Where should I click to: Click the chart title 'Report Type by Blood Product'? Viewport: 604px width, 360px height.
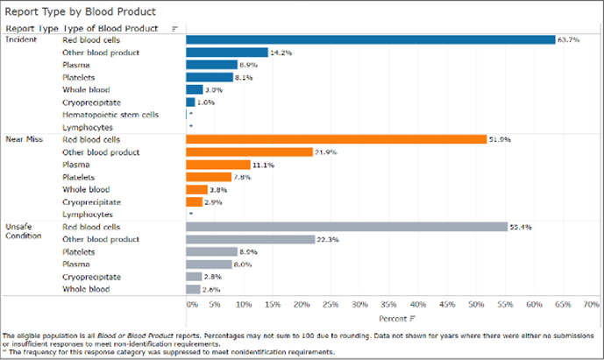[x=81, y=12]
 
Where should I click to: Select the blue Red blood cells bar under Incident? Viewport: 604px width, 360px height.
[x=370, y=39]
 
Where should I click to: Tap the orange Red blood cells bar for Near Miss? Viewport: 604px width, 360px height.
[x=336, y=139]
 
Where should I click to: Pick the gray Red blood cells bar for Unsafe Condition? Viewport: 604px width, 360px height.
[x=346, y=227]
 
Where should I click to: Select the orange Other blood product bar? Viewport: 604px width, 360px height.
[x=249, y=152]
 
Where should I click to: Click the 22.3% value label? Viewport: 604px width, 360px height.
[x=328, y=239]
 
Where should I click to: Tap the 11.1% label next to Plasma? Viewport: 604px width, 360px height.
[x=263, y=165]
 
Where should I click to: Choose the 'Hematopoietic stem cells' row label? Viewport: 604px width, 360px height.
[x=110, y=115]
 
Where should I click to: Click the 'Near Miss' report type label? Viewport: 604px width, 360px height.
[x=23, y=139]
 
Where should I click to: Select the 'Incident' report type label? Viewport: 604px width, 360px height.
[x=20, y=39]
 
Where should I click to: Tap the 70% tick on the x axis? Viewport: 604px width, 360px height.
[x=589, y=305]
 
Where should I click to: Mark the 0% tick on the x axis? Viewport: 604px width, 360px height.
[x=192, y=305]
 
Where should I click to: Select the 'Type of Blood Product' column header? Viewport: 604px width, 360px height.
[x=110, y=28]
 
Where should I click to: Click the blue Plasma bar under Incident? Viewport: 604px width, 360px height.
[x=211, y=65]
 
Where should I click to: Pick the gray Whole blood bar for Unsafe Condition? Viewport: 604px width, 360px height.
[x=193, y=289]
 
